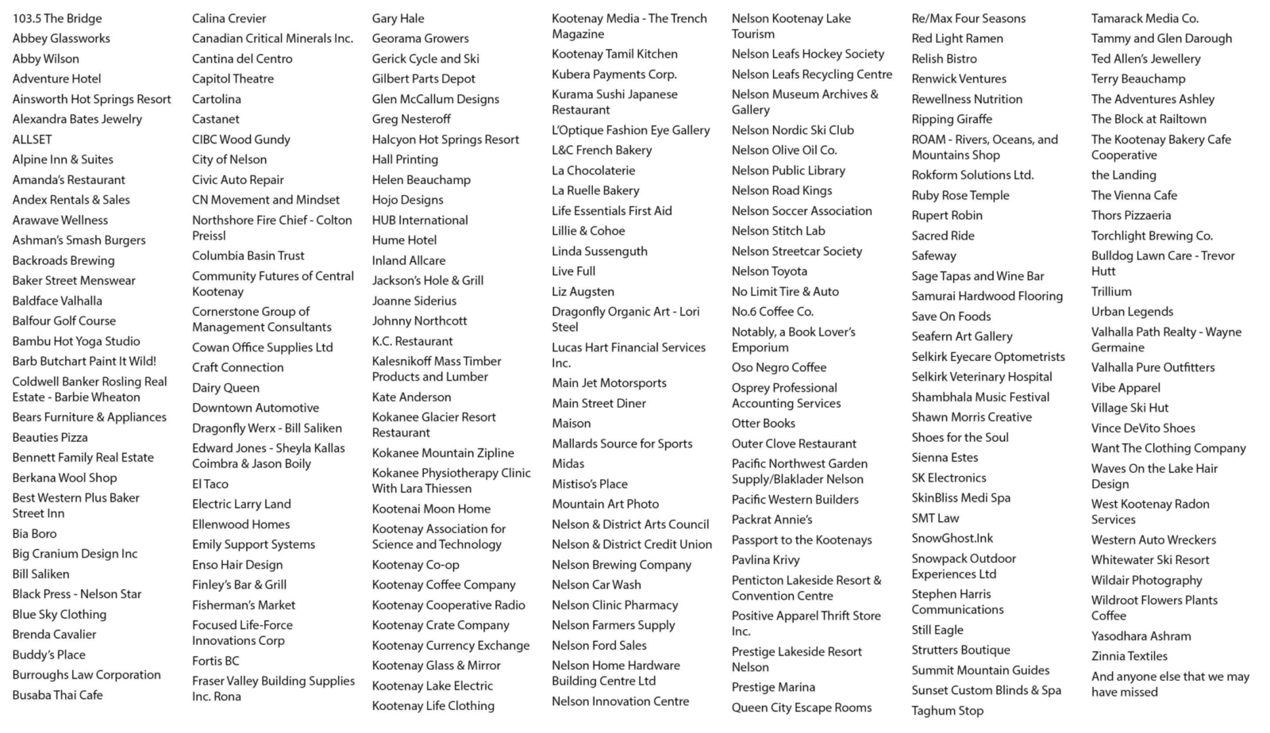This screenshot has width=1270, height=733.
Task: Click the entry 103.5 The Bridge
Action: coord(57,18)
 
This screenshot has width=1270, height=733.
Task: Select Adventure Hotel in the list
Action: coord(57,79)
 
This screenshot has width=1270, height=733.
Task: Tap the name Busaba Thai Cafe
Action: coord(57,695)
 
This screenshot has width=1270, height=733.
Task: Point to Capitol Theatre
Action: coord(233,79)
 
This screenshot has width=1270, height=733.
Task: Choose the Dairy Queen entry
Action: coord(225,388)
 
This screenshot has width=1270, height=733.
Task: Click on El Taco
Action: coord(210,484)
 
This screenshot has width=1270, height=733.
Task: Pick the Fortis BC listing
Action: coord(215,661)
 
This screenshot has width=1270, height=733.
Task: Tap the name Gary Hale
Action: coord(398,18)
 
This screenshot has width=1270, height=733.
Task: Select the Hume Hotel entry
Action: coord(404,240)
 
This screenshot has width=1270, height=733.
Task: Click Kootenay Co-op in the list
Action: coord(415,565)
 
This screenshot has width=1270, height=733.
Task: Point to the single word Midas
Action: coord(568,463)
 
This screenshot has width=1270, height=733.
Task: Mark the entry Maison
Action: coord(571,424)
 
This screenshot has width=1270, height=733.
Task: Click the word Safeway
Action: coord(933,255)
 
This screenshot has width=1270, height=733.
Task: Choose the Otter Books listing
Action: coord(763,424)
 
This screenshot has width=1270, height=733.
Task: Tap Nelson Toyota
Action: coord(769,271)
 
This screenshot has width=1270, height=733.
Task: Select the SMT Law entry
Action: coord(935,518)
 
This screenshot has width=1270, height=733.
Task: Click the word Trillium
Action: coord(1111,291)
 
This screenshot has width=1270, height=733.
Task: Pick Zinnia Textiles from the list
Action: coord(1129,656)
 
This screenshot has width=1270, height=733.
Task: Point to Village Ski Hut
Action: coord(1130,408)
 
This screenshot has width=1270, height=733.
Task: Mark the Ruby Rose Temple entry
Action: coord(960,195)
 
